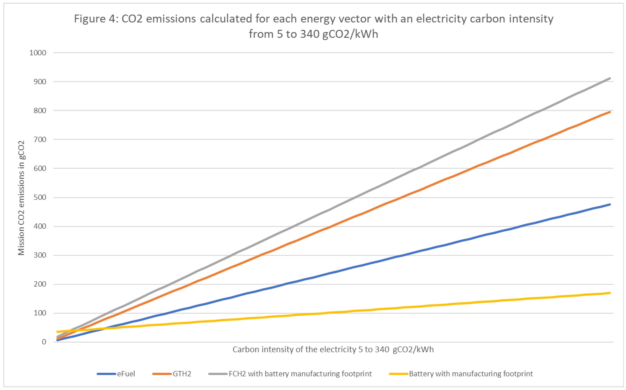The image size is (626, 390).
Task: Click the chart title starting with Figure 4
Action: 313,26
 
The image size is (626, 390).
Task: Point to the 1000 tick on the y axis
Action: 38,53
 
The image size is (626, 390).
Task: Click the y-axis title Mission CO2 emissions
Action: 21,198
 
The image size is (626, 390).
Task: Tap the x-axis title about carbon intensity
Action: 333,349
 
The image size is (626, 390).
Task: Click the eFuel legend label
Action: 126,374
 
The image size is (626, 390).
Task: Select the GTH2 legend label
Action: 182,374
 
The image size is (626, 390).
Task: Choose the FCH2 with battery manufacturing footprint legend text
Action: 300,374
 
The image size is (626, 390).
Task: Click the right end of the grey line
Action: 610,78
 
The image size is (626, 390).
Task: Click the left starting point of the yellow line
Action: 57,332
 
